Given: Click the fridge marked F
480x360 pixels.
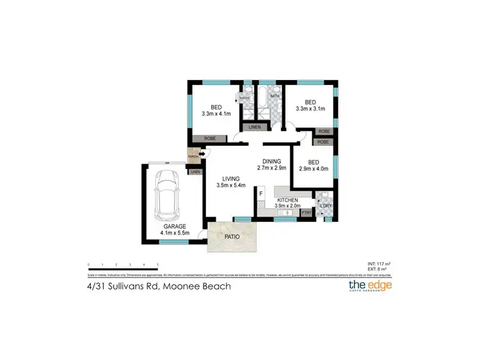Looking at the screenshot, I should click(x=261, y=193).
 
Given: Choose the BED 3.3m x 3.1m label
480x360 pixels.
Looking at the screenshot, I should click(x=310, y=106).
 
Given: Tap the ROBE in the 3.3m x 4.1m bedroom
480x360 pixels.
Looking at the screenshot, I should click(x=209, y=138).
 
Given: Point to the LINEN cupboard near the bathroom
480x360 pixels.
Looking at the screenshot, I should click(x=255, y=127).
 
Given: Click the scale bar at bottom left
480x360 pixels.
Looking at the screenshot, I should click(x=123, y=263).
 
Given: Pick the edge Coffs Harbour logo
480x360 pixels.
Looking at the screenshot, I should click(x=369, y=285).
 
